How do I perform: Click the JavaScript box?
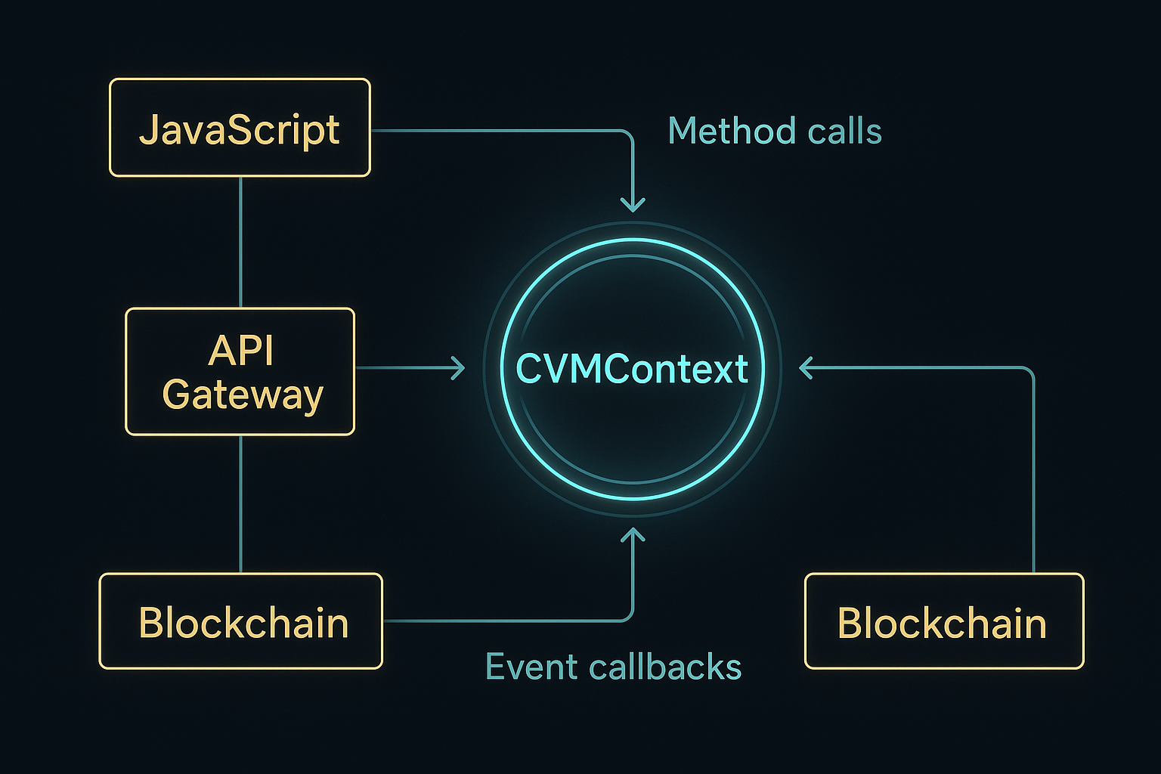(x=240, y=128)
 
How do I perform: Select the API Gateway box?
(x=240, y=371)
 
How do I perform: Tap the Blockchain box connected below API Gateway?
(x=240, y=621)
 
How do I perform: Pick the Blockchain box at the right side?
(x=944, y=621)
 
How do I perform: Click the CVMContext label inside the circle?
(x=632, y=370)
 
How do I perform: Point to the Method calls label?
(x=775, y=131)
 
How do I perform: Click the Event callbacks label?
(x=613, y=667)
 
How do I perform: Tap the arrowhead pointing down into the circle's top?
(x=633, y=204)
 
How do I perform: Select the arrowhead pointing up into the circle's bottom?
(x=633, y=535)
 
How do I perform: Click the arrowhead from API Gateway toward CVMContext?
(x=458, y=368)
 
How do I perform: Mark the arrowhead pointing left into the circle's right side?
(x=807, y=368)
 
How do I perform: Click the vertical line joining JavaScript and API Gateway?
(x=240, y=242)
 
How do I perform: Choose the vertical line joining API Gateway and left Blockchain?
(x=240, y=503)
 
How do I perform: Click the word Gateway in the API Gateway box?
(x=243, y=395)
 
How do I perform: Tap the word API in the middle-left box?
(x=241, y=350)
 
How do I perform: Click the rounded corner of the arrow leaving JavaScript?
(x=628, y=135)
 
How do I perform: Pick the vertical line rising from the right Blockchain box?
(x=1033, y=469)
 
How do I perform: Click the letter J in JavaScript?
(x=148, y=129)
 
